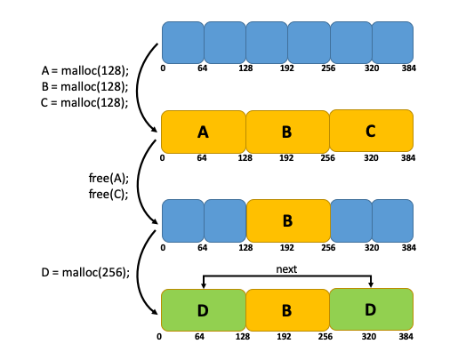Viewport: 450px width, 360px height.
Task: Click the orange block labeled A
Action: [204, 132]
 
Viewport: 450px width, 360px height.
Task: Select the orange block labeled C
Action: [371, 131]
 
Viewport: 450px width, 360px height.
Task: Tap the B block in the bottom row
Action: [287, 310]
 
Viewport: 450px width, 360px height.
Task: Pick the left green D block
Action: [204, 310]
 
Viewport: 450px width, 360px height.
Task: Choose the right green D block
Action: [371, 309]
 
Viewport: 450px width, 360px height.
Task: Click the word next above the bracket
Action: [286, 269]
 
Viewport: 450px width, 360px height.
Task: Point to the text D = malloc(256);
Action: [85, 272]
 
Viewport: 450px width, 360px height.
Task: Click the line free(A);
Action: [108, 178]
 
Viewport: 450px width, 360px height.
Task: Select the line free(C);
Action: [108, 194]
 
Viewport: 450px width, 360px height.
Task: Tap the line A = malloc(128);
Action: [85, 71]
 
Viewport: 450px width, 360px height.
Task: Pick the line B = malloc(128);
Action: [85, 86]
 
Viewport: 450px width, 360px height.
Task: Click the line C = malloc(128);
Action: [84, 102]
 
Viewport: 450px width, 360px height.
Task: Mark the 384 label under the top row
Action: [409, 68]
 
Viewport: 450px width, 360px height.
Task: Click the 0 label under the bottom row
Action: [159, 337]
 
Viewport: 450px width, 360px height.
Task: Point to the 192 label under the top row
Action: [287, 68]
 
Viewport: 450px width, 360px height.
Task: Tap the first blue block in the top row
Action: [183, 43]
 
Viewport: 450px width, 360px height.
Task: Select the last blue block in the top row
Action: [392, 43]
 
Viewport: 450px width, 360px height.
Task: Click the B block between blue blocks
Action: [288, 220]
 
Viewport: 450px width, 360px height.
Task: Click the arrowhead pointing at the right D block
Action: [371, 284]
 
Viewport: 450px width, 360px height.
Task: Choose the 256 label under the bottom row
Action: [325, 337]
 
